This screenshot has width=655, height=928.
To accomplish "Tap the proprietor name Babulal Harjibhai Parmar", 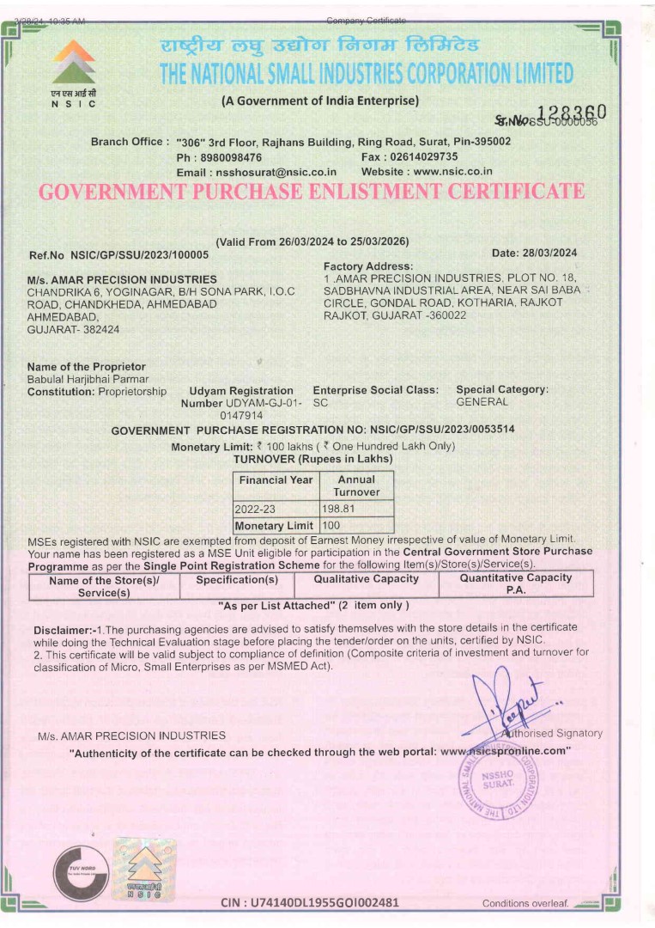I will [88, 379].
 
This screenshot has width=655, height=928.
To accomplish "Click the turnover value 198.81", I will [337, 509].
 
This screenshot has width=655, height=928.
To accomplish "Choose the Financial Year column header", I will [276, 480].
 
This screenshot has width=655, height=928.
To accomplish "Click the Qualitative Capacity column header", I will [366, 579].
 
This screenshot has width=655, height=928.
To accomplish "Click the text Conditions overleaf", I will [525, 903].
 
